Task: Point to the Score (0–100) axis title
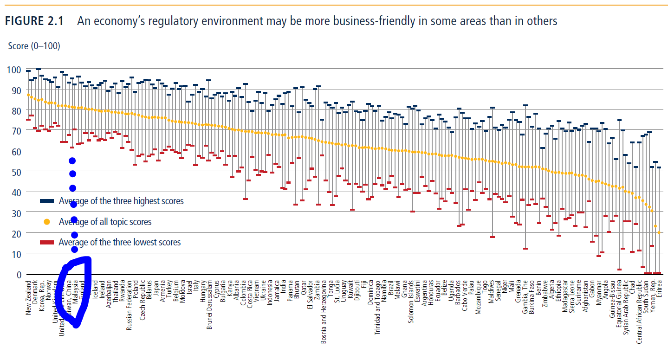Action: (34, 46)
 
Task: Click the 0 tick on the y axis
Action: (19, 274)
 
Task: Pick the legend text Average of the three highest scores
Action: (121, 201)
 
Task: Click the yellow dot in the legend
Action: (46, 222)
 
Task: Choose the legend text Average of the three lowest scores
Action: (119, 242)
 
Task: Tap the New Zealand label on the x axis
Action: (28, 297)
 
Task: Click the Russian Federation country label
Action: (130, 304)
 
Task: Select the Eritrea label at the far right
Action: (659, 290)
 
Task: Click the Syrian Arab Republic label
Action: (626, 306)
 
